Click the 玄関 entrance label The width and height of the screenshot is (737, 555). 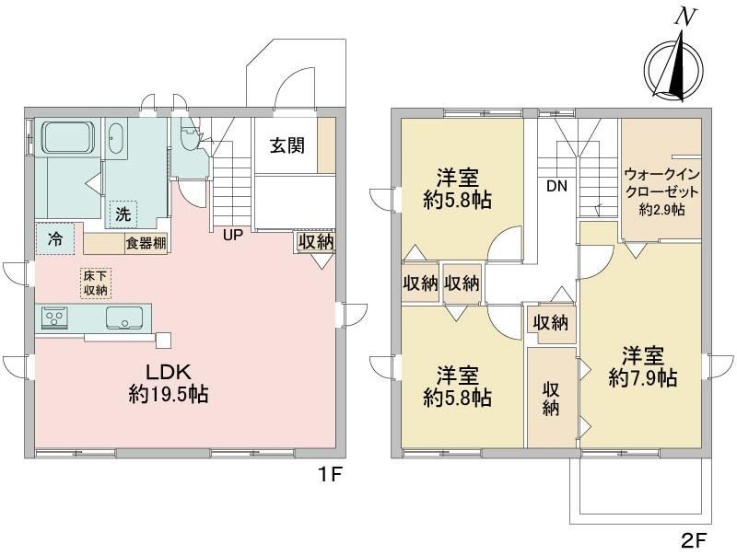pos(287,146)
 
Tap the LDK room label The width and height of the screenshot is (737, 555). pos(169,372)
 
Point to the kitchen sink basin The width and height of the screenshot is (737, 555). pos(124,318)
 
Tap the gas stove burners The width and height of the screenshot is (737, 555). pos(54,318)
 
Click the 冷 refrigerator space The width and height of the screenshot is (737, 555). pos(55,239)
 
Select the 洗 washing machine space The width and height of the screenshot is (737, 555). pos(123,214)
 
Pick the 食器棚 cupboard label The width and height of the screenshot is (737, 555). pos(146,244)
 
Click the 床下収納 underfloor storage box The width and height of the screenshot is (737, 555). pos(96,283)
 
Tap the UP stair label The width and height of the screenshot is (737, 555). pos(233,235)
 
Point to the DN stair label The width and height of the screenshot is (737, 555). pos(556,187)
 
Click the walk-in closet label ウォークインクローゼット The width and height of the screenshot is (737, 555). pos(661,183)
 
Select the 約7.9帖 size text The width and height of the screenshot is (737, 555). pos(642,377)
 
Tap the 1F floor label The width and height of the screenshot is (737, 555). pos(331,475)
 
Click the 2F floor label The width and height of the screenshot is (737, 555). pos(695,540)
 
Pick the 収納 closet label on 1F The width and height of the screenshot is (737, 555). pos(316,242)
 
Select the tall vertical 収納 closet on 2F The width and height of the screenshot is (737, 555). pos(552,398)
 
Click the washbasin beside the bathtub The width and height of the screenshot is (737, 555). pos(114,137)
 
